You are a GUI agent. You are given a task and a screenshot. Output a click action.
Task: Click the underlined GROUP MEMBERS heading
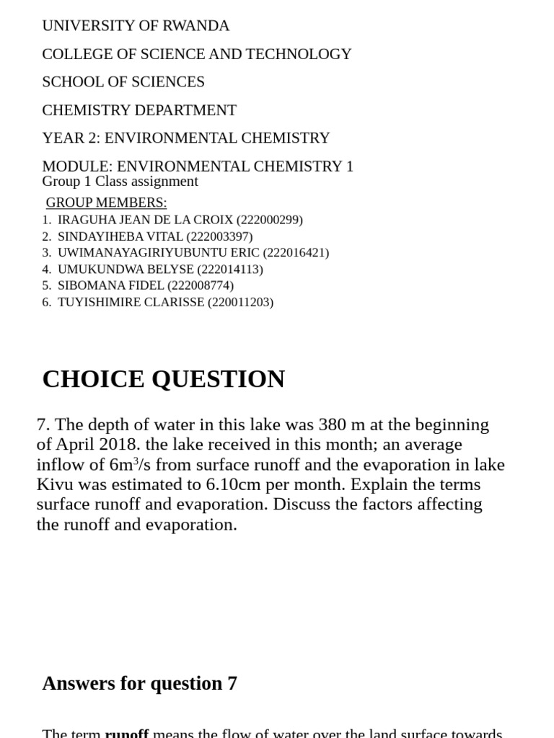point(106,203)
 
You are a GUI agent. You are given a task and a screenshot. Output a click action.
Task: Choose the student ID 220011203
point(241,302)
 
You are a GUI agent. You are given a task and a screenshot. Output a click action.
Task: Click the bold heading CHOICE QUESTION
point(164,379)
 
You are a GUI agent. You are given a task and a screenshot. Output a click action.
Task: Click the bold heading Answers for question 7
point(139,683)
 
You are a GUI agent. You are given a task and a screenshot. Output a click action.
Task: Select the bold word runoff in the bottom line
point(127,733)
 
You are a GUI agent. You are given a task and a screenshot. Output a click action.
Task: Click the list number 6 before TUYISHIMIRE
point(46,302)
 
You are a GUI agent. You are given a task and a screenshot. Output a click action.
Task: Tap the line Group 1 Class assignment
point(120,182)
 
